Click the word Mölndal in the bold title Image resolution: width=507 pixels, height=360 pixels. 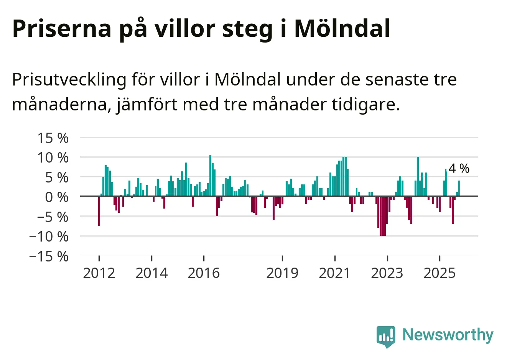(342, 28)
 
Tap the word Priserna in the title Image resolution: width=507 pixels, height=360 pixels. (61, 28)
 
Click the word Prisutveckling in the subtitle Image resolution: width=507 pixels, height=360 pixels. (69, 80)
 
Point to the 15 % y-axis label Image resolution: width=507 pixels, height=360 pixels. (53, 138)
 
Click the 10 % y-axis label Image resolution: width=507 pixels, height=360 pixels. (53, 158)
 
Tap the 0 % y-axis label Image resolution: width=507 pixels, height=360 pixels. (56, 197)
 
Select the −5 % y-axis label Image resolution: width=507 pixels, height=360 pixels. (53, 217)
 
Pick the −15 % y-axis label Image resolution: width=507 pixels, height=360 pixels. (49, 256)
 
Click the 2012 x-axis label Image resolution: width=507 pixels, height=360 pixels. (99, 273)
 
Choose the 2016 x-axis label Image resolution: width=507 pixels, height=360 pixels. (204, 273)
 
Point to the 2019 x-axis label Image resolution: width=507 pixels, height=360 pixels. (282, 273)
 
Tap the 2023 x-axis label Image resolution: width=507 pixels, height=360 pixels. (387, 273)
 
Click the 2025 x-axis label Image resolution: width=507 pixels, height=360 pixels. (440, 273)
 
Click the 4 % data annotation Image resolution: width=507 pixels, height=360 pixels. (459, 168)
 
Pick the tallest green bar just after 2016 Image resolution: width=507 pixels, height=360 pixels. (210, 176)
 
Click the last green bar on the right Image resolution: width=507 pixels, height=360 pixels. (459, 188)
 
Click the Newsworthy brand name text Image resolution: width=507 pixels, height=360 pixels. (448, 335)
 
